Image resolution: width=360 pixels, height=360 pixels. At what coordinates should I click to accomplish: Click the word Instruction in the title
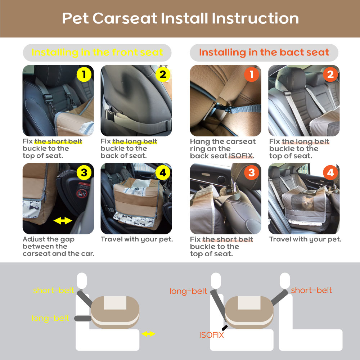(x=255, y=18)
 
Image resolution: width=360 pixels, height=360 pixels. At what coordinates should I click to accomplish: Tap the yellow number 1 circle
(x=84, y=75)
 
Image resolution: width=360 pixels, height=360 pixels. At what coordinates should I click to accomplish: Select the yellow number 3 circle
(x=84, y=173)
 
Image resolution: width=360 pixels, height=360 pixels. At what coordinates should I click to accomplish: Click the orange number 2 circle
(x=330, y=75)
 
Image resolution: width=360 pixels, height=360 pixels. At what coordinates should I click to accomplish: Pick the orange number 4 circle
(x=330, y=173)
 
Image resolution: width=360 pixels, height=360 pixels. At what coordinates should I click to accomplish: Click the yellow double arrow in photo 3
(x=63, y=221)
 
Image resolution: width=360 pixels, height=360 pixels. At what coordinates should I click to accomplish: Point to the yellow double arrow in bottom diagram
(x=148, y=334)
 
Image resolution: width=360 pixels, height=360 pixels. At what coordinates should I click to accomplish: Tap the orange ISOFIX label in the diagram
(x=211, y=335)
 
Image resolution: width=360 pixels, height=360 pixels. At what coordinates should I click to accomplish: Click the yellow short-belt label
(x=54, y=291)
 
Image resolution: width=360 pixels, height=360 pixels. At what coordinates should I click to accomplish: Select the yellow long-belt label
(x=50, y=319)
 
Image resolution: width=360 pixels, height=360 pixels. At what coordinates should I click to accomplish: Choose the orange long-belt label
(x=188, y=291)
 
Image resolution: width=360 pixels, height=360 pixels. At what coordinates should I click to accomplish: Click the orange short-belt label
(x=311, y=291)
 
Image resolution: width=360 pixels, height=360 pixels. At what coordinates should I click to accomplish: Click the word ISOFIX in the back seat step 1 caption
(x=240, y=156)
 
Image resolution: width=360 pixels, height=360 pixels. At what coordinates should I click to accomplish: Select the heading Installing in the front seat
(x=97, y=52)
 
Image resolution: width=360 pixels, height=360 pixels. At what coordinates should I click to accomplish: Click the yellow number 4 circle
(x=163, y=173)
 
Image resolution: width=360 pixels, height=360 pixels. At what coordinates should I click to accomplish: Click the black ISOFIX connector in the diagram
(x=225, y=328)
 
